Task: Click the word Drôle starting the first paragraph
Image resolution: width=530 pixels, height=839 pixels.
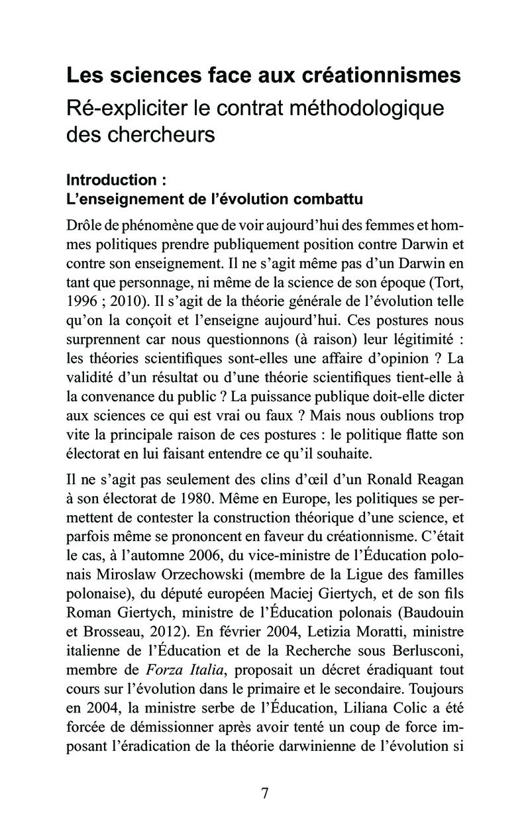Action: (84, 225)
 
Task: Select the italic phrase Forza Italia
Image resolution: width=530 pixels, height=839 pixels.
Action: (188, 668)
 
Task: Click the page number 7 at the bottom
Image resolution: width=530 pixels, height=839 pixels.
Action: (265, 794)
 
